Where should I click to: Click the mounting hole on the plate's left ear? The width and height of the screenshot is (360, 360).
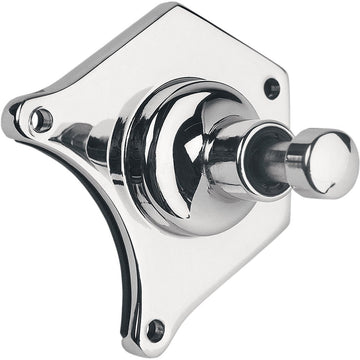pos(41,121)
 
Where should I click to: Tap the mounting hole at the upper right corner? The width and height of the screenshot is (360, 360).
pos(271,88)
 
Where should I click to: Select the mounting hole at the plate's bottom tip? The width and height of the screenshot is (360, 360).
pos(155,327)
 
